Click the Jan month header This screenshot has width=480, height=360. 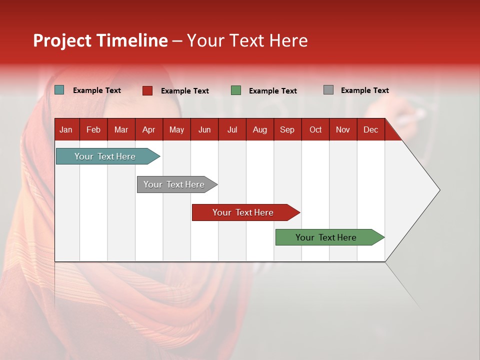(x=66, y=129)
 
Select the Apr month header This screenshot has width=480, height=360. (x=148, y=129)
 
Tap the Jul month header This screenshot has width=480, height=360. (x=232, y=129)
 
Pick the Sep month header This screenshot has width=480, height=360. (x=287, y=129)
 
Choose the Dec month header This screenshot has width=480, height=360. (x=370, y=129)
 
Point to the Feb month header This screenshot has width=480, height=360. (x=93, y=129)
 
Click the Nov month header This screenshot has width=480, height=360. (x=342, y=129)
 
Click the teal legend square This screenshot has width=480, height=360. (x=59, y=90)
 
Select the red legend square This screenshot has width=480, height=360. (x=147, y=90)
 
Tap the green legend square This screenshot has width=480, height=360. (x=236, y=90)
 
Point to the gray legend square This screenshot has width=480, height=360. (x=328, y=90)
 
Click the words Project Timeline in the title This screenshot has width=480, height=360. (x=100, y=40)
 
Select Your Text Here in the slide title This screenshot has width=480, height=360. (x=247, y=40)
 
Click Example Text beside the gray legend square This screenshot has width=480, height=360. (x=364, y=90)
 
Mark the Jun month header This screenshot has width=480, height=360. (x=204, y=129)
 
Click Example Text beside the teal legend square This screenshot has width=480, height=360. (x=97, y=90)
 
